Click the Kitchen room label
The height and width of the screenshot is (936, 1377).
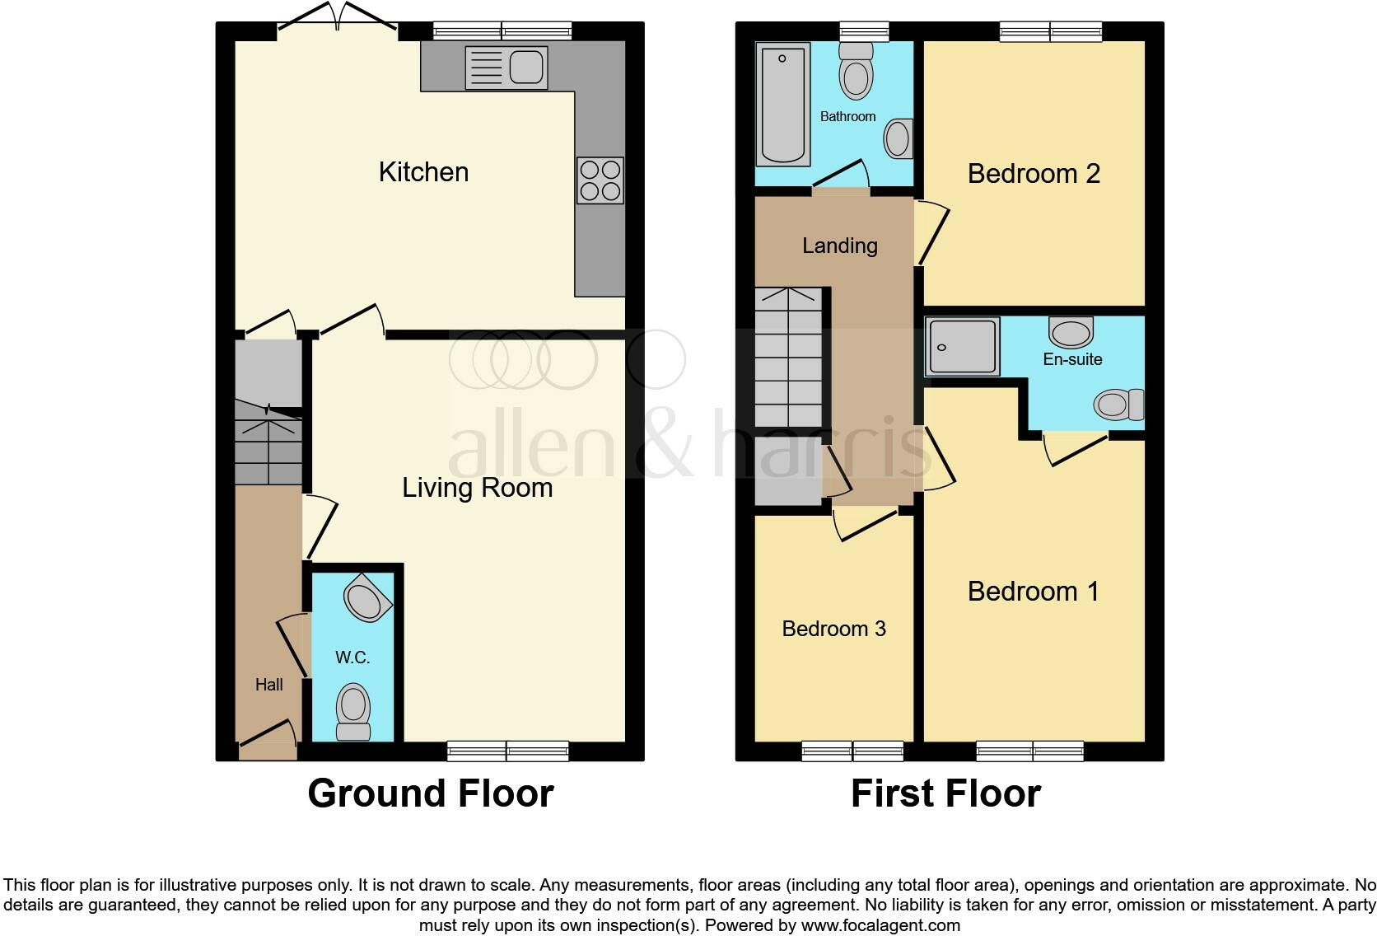pyautogui.click(x=423, y=172)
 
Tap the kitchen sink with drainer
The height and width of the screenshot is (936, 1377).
pyautogui.click(x=506, y=67)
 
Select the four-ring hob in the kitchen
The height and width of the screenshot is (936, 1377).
pyautogui.click(x=600, y=180)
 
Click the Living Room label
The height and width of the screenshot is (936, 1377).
pyautogui.click(x=477, y=488)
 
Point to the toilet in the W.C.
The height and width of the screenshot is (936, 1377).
pyautogui.click(x=353, y=711)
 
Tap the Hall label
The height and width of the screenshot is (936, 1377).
pyautogui.click(x=268, y=685)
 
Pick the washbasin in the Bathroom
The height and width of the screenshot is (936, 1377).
pyautogui.click(x=898, y=138)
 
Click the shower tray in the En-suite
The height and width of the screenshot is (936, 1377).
pyautogui.click(x=962, y=346)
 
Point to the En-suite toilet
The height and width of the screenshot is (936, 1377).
pyautogui.click(x=1118, y=405)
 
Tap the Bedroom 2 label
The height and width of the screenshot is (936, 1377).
pyautogui.click(x=1034, y=174)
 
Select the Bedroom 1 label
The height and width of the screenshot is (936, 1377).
pyautogui.click(x=1033, y=592)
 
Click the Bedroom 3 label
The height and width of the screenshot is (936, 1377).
pyautogui.click(x=833, y=629)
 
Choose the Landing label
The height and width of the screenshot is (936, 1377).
pyautogui.click(x=840, y=246)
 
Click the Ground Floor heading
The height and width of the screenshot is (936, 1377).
pyautogui.click(x=430, y=793)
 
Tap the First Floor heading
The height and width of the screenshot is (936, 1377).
pyautogui.click(x=945, y=793)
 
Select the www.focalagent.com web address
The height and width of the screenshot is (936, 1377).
pyautogui.click(x=880, y=925)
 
